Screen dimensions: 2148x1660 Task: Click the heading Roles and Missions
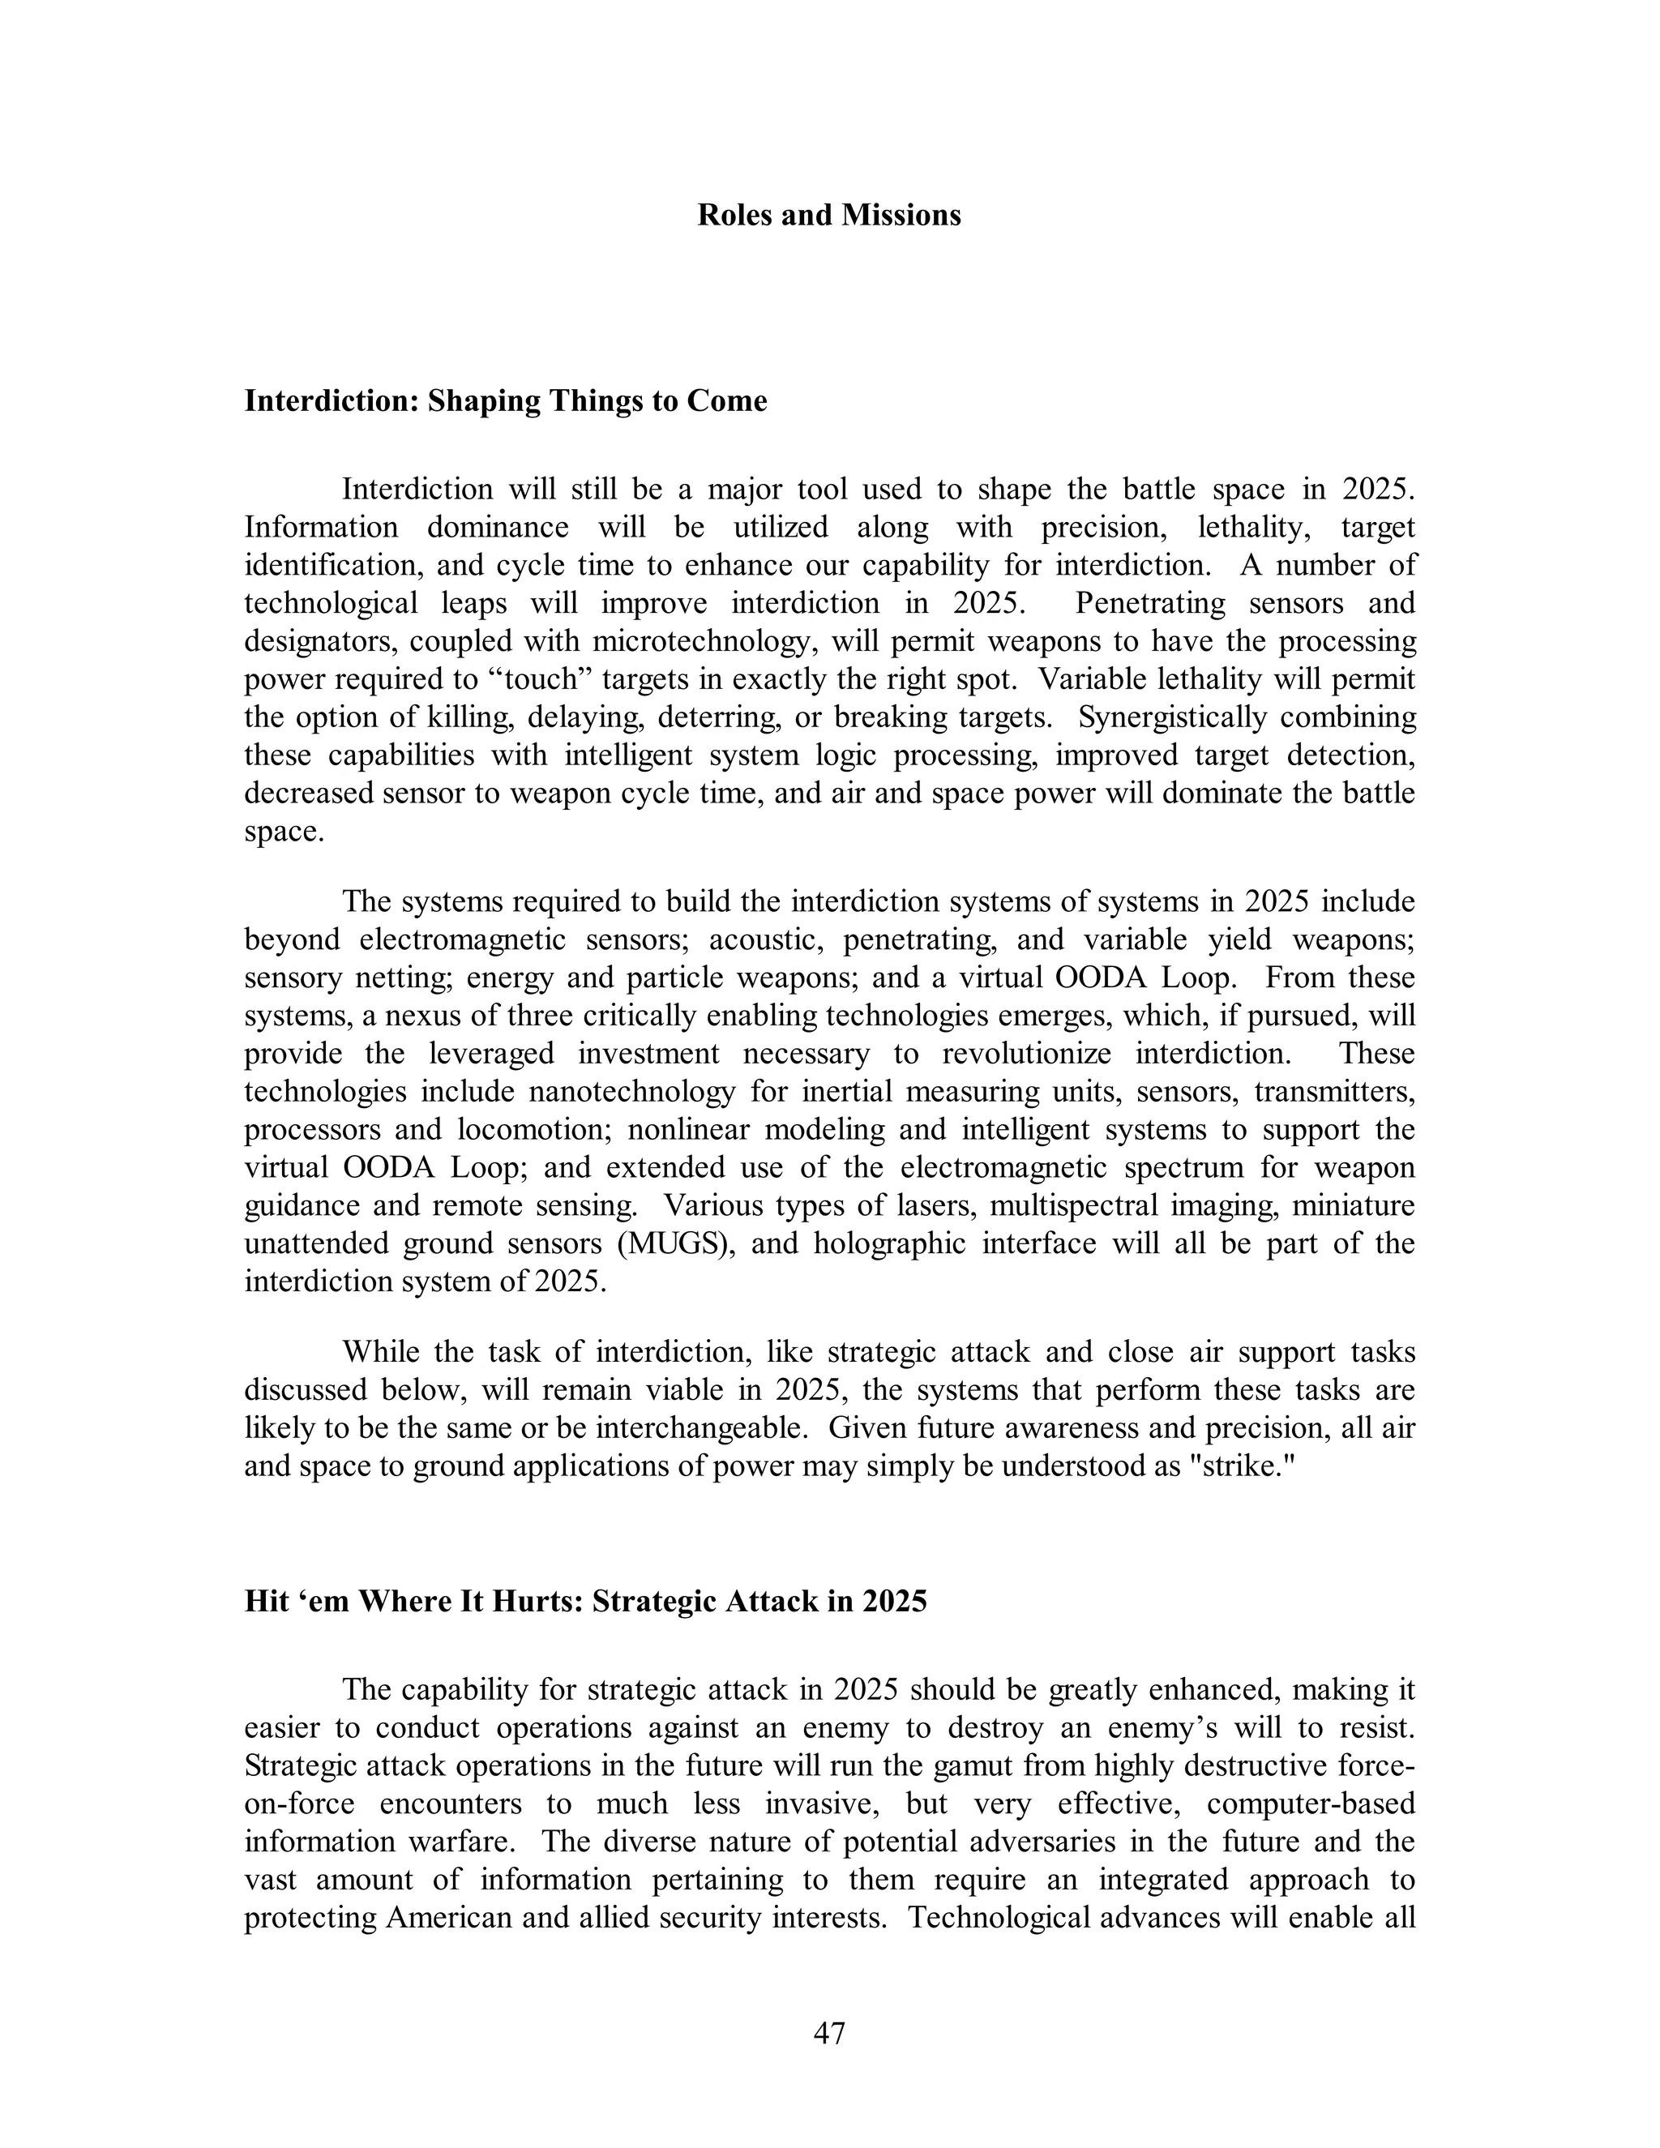click(829, 216)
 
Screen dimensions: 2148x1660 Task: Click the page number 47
click(829, 2033)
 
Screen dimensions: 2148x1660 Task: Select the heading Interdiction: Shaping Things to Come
click(506, 401)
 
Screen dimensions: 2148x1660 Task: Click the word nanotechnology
click(631, 1092)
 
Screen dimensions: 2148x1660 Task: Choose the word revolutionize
click(1027, 1055)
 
